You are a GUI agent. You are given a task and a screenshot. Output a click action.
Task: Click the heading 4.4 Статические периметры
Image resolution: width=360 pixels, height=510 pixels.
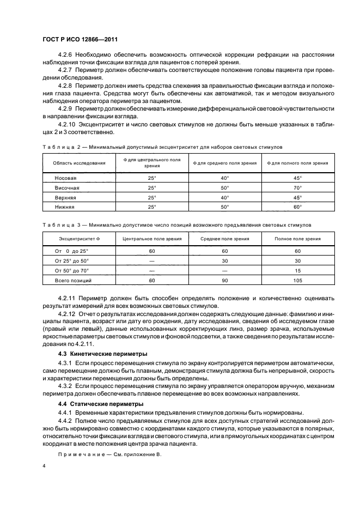coord(93,404)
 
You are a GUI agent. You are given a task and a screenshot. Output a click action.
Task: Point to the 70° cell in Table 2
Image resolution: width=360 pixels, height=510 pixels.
coord(297,188)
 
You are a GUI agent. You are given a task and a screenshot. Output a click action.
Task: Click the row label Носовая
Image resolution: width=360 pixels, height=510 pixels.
coord(66,178)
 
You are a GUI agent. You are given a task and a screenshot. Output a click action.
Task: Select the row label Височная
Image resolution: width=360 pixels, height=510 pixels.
coord(67,188)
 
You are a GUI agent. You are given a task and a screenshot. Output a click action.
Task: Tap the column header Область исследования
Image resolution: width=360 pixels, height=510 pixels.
coord(79,163)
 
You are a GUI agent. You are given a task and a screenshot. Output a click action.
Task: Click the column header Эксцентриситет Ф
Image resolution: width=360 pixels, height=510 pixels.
coord(79,239)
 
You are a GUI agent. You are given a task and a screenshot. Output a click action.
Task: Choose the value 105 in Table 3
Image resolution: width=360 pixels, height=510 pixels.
coord(297,280)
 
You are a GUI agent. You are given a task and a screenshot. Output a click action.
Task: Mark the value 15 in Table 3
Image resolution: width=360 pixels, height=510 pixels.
coord(297,270)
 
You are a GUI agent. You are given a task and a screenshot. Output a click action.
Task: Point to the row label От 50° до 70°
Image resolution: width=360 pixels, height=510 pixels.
coord(71,270)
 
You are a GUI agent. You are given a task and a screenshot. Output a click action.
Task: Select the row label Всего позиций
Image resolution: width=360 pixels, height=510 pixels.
coord(73,280)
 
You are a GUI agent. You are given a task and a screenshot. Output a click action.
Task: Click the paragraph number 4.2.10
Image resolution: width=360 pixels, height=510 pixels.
coord(68,124)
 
